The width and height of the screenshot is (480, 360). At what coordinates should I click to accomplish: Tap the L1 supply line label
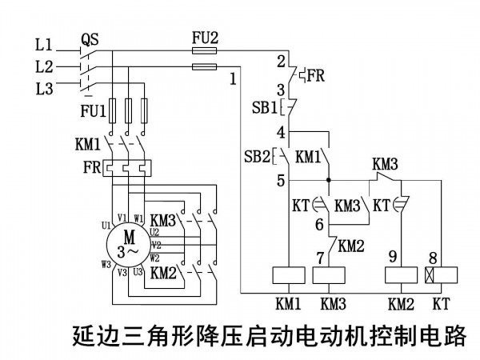[x=44, y=45]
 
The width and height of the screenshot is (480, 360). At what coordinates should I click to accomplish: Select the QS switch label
[x=90, y=40]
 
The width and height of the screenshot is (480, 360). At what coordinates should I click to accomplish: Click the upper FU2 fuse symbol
[x=204, y=50]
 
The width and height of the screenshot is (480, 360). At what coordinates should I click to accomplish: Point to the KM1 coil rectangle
[x=289, y=275]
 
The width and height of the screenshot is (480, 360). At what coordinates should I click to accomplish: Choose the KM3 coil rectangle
[x=329, y=275]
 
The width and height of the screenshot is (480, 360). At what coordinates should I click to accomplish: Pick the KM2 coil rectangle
[x=401, y=275]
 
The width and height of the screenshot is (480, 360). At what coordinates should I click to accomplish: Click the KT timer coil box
[x=441, y=275]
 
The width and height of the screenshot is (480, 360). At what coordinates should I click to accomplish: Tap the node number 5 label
[x=281, y=181]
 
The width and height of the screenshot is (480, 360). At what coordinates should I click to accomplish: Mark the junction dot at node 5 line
[x=329, y=180]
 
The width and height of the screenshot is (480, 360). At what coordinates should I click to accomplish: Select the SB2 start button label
[x=257, y=157]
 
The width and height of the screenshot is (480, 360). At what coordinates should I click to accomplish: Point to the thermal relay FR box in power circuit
[x=127, y=168]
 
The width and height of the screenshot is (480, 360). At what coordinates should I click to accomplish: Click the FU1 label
[x=93, y=111]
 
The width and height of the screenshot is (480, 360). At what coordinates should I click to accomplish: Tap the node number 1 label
[x=234, y=79]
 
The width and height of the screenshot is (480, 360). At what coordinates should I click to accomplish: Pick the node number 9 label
[x=393, y=257]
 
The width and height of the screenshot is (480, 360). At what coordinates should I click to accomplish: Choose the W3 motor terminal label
[x=106, y=264]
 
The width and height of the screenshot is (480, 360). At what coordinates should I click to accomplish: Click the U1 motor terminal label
[x=106, y=226]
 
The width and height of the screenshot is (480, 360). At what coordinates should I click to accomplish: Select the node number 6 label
[x=319, y=224]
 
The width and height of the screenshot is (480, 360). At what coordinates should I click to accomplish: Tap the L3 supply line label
[x=44, y=89]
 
